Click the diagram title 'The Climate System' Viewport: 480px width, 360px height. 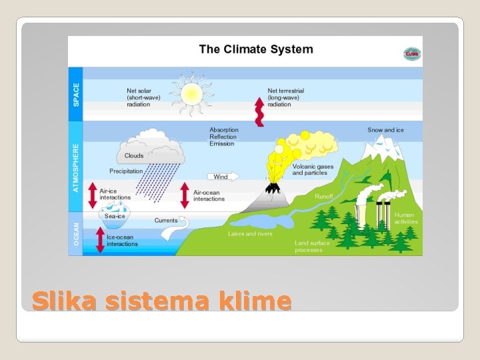pos(255,49)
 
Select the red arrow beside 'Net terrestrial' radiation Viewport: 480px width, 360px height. pos(258,111)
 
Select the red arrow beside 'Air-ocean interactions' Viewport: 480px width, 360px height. pos(185,195)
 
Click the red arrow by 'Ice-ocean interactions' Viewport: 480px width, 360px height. pos(101,240)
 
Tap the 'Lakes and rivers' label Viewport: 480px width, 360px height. pos(250,234)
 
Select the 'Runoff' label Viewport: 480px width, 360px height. pos(324,197)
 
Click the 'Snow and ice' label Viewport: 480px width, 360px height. pos(385,130)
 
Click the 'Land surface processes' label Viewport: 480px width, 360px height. pos(312,246)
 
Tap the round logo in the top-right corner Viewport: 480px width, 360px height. pos(411,54)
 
